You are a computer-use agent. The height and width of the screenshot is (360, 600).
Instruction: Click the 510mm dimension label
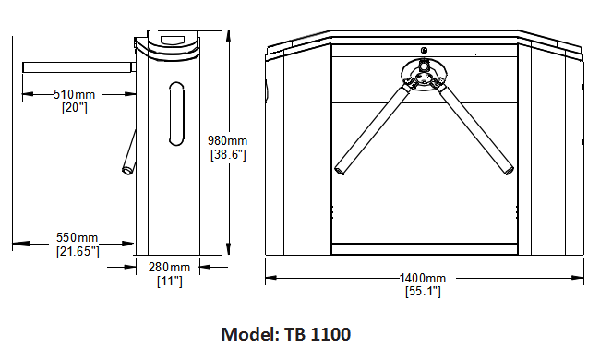point(74,94)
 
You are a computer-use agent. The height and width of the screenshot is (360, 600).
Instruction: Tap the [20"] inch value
point(75,108)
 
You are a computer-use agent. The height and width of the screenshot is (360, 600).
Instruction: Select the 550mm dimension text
point(78,237)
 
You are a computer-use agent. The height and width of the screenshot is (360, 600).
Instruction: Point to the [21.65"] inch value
point(78,251)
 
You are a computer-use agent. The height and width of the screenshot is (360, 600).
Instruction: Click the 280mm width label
point(169,267)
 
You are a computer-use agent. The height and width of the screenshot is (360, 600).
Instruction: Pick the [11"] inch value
point(170,282)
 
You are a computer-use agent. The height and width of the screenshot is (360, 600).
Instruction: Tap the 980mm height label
point(228,141)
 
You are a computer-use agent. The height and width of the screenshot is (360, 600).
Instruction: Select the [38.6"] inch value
point(228,154)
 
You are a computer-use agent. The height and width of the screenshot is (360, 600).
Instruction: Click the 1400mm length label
point(423,278)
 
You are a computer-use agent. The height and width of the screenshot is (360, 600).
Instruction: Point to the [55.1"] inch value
point(423,292)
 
